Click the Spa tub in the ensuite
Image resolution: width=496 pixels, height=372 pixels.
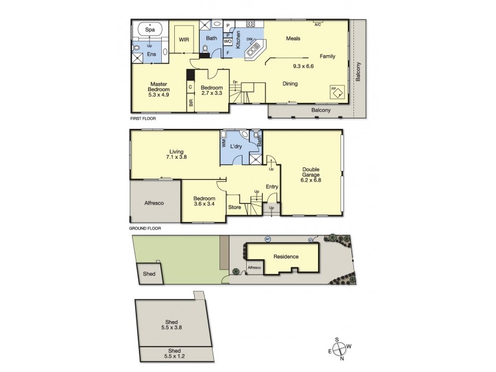point(149,29)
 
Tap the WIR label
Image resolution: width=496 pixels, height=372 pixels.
point(184,40)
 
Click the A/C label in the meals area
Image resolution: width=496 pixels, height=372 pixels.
point(317,25)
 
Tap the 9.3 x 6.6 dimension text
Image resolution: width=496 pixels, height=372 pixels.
point(304,65)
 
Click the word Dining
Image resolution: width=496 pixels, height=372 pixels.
point(290,84)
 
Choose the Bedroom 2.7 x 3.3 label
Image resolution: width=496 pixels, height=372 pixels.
point(211,91)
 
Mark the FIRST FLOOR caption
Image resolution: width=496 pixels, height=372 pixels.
point(143,118)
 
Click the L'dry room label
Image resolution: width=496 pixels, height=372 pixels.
point(236,146)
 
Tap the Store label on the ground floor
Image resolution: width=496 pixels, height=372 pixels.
point(234,207)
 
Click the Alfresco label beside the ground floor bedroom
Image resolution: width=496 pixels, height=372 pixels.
point(154,203)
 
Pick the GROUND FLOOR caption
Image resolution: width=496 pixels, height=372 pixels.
point(146,228)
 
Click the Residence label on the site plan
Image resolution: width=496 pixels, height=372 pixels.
point(286,257)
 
